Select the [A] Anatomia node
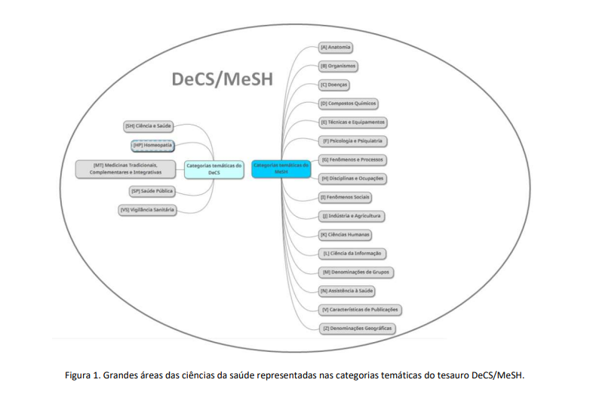336,48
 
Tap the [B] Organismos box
338,66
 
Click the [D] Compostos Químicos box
349,103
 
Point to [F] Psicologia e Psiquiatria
352,141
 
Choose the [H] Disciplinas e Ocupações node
352,178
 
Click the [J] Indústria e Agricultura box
351,216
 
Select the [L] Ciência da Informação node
352,253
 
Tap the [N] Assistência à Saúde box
347,290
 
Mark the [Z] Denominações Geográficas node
357,328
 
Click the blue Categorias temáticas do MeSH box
281,168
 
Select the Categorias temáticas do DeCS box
214,168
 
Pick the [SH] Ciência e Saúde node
149,125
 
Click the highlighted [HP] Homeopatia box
153,144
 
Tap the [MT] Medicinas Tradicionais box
126,168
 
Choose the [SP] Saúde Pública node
152,192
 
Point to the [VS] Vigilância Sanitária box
147,211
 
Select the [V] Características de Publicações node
359,309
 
